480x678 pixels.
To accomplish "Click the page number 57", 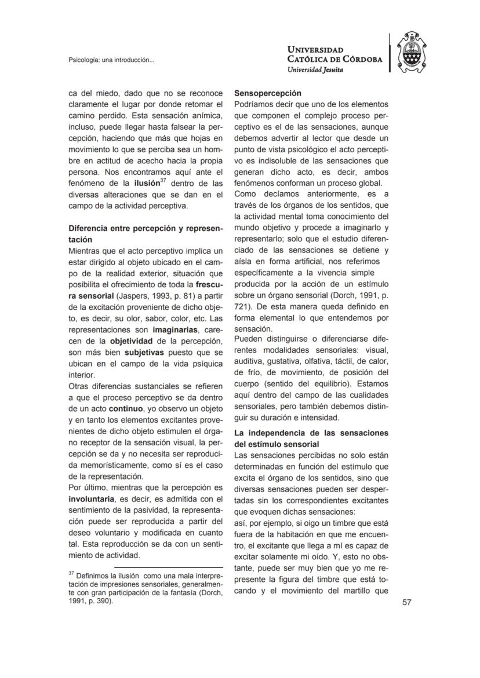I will [x=406, y=603].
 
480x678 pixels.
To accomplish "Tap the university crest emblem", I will [x=417, y=53].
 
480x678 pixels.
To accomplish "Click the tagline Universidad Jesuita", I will [x=315, y=69].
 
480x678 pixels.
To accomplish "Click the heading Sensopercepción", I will [x=267, y=93].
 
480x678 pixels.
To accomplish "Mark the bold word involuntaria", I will [x=93, y=499].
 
